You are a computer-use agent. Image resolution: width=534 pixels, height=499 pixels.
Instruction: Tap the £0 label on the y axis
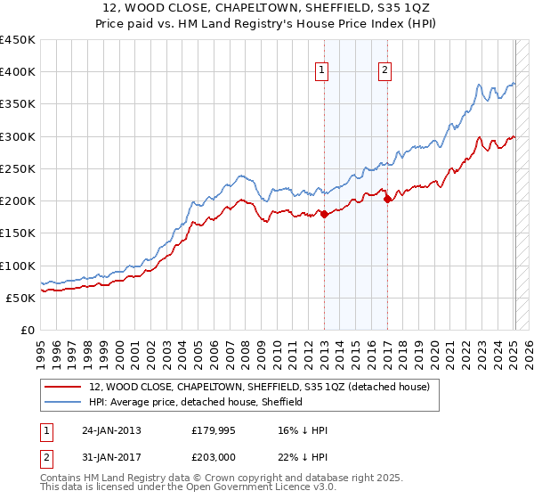point(27,330)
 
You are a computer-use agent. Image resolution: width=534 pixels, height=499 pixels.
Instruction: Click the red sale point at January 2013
point(324,214)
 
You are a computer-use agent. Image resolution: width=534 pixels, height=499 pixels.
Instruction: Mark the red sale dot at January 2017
point(387,200)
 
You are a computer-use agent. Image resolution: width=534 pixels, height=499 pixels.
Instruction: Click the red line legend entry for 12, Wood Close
point(260,387)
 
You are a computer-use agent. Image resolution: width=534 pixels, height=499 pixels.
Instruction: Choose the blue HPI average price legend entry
point(196,402)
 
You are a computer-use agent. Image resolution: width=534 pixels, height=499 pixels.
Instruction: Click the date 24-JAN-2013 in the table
point(111,429)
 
